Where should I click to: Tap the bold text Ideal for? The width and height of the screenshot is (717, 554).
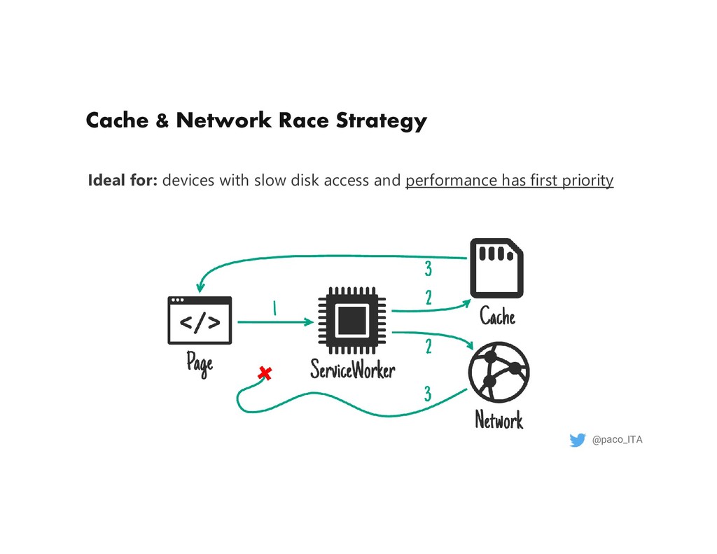(123, 181)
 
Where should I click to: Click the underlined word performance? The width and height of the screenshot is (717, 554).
(452, 181)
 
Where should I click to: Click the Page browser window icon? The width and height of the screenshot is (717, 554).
(200, 320)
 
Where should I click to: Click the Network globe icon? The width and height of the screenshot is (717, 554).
(499, 372)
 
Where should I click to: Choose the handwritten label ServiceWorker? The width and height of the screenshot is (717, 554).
(353, 370)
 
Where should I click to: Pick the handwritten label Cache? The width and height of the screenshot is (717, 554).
(497, 317)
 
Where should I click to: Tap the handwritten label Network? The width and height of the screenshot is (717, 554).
(499, 420)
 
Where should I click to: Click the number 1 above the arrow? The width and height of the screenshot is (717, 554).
(275, 308)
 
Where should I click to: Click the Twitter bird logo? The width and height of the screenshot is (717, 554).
(578, 440)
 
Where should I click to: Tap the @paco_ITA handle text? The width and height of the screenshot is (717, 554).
(617, 440)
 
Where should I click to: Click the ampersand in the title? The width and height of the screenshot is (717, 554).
(162, 121)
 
